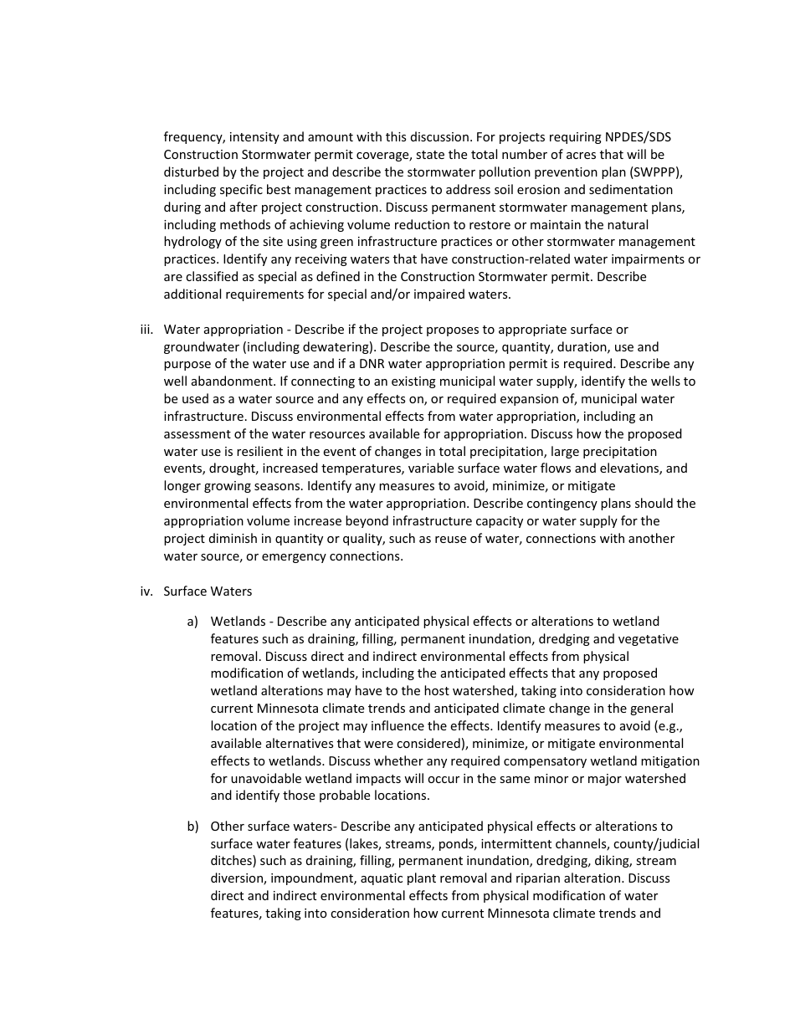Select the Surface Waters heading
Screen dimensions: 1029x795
pyautogui.click(x=208, y=591)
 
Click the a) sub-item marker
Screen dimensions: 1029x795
pyautogui.click(x=192, y=622)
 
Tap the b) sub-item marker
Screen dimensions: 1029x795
pyautogui.click(x=192, y=827)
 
